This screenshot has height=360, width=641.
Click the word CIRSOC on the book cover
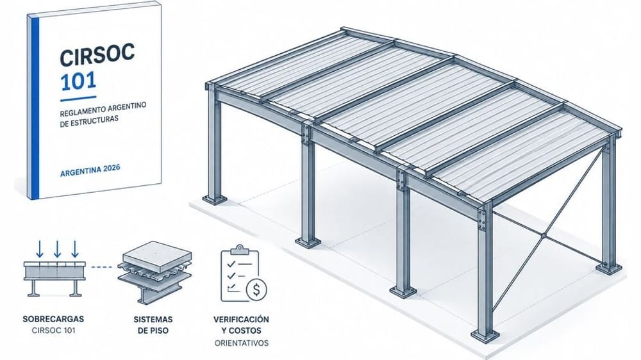coord(97,56)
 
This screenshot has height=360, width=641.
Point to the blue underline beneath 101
coord(78,99)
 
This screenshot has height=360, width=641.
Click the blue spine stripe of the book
coord(35,106)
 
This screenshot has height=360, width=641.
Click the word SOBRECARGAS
coord(53,319)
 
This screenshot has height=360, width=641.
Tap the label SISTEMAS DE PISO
coord(153,325)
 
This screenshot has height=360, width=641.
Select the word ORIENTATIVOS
coord(242,343)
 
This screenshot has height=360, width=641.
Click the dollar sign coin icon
coord(256,290)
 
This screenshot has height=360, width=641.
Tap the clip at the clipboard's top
coord(240,249)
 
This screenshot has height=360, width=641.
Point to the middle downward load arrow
coord(57,249)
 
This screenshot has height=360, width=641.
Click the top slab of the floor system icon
coord(158,256)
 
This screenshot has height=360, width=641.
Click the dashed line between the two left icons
coord(101,267)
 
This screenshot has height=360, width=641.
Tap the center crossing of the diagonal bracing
coord(544,235)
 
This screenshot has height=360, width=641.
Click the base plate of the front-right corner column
coord(485,336)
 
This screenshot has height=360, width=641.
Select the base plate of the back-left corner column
coord(214,200)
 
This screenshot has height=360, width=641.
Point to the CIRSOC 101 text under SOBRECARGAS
coord(53,330)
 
